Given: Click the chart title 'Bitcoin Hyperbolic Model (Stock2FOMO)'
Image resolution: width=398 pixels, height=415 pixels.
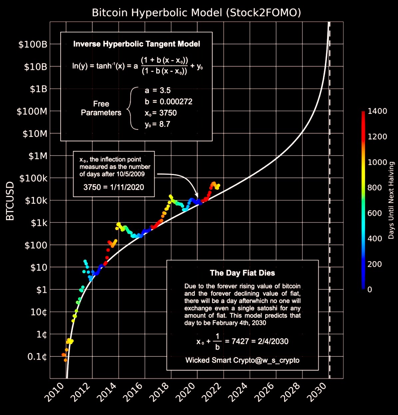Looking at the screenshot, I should pos(197,13).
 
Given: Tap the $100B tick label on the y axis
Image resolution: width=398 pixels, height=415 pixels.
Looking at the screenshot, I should pos(32,44).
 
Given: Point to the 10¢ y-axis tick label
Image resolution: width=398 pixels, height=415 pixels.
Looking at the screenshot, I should pos(38,312).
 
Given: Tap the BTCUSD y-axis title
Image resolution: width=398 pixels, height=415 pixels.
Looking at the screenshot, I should pos(10,201).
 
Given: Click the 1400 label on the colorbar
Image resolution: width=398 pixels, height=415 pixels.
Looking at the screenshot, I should pos(377,111).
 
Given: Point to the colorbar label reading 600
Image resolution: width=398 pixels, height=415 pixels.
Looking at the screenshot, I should pos(375,213).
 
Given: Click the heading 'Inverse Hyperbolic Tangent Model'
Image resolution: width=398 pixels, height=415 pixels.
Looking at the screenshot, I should pos(137,44).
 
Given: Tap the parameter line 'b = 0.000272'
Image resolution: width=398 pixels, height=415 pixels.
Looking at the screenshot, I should pos(169,102).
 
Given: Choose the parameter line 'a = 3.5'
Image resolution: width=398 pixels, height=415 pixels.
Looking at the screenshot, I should pos(158,91).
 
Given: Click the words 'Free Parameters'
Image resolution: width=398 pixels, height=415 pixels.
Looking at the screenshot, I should pos(101,108).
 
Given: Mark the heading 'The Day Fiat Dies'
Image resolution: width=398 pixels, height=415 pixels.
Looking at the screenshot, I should pos(242,273).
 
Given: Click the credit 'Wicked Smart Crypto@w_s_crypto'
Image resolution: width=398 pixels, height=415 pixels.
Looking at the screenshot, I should pos(242,360).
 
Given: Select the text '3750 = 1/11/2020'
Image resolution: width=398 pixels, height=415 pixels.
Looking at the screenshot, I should pos(114,187).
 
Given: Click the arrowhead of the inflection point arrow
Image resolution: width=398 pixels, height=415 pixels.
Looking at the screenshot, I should pos(197,196).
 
